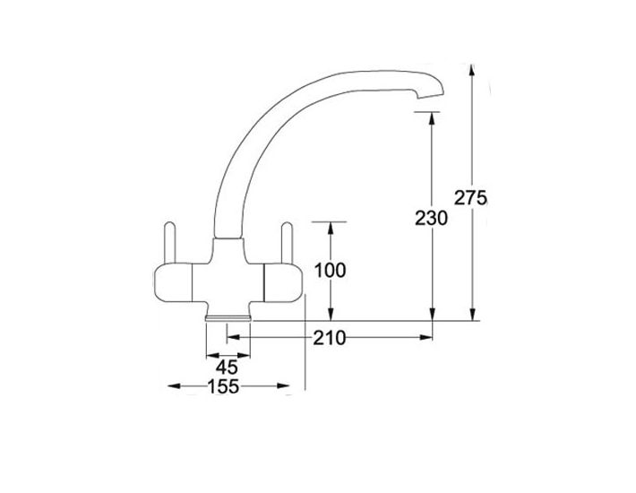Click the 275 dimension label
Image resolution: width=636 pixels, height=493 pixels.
tap(470, 198)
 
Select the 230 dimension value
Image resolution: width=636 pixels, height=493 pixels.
tap(431, 219)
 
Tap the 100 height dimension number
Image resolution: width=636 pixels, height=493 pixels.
tap(331, 271)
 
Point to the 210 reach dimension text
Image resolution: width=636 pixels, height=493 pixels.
tap(329, 338)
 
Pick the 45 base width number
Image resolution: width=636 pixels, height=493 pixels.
tap(227, 368)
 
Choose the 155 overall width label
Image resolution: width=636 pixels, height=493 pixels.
tap(223, 386)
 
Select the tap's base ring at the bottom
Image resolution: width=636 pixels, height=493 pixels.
tap(228, 317)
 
